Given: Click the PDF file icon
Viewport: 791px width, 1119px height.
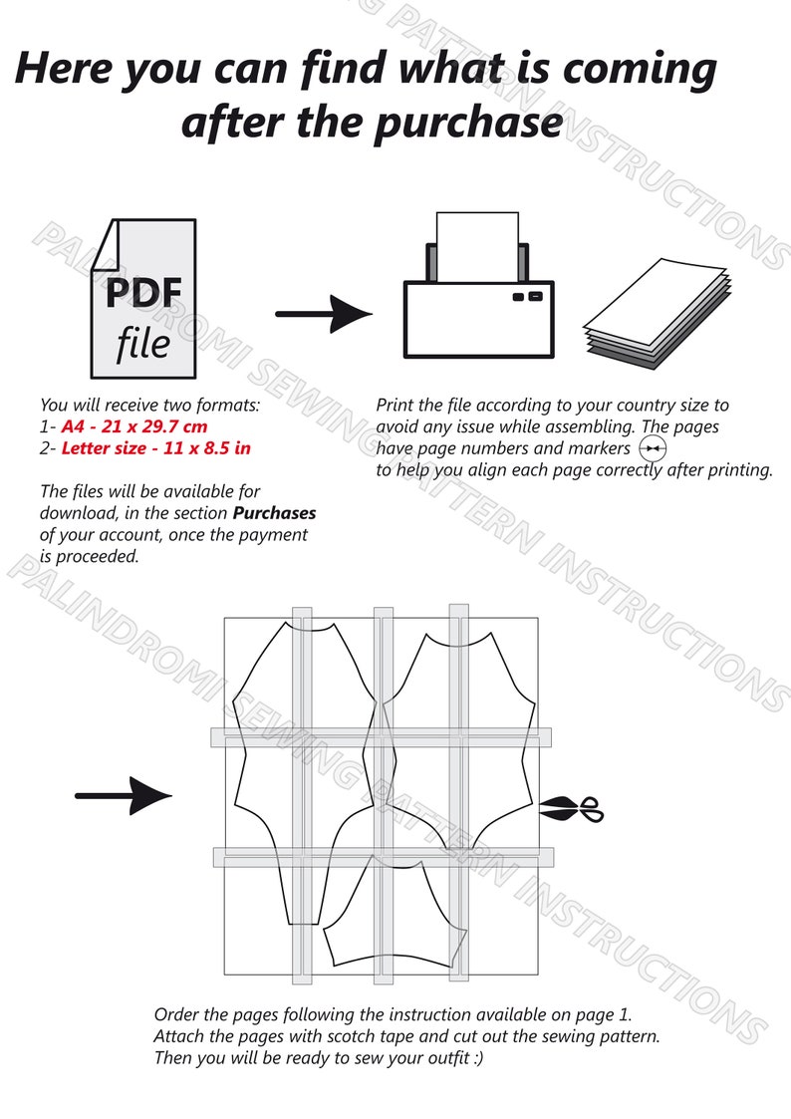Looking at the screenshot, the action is click(143, 298).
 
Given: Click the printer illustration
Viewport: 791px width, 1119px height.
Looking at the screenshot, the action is click(478, 285).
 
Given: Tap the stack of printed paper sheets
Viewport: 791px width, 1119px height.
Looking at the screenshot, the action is click(658, 314).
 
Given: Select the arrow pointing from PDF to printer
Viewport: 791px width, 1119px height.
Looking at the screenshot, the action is click(323, 313).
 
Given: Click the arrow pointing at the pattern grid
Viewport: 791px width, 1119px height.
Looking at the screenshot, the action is click(124, 795).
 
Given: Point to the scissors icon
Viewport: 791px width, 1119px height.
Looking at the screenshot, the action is click(571, 809).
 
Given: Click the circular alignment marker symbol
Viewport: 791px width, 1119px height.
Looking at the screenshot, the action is click(652, 448).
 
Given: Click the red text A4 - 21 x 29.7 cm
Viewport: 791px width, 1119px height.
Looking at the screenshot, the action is click(134, 426).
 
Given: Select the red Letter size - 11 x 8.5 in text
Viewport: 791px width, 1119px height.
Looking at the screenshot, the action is click(156, 448).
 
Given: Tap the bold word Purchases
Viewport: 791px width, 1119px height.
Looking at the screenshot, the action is click(275, 513).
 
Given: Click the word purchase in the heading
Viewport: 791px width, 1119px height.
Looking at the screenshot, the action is click(468, 123).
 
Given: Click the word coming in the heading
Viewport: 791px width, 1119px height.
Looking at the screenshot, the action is click(640, 69).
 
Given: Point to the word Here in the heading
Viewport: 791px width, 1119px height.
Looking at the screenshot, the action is click(64, 68).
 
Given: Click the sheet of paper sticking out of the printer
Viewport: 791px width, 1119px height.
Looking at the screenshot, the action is click(477, 246).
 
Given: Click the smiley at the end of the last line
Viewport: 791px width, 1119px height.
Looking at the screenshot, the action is click(478, 1057).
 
